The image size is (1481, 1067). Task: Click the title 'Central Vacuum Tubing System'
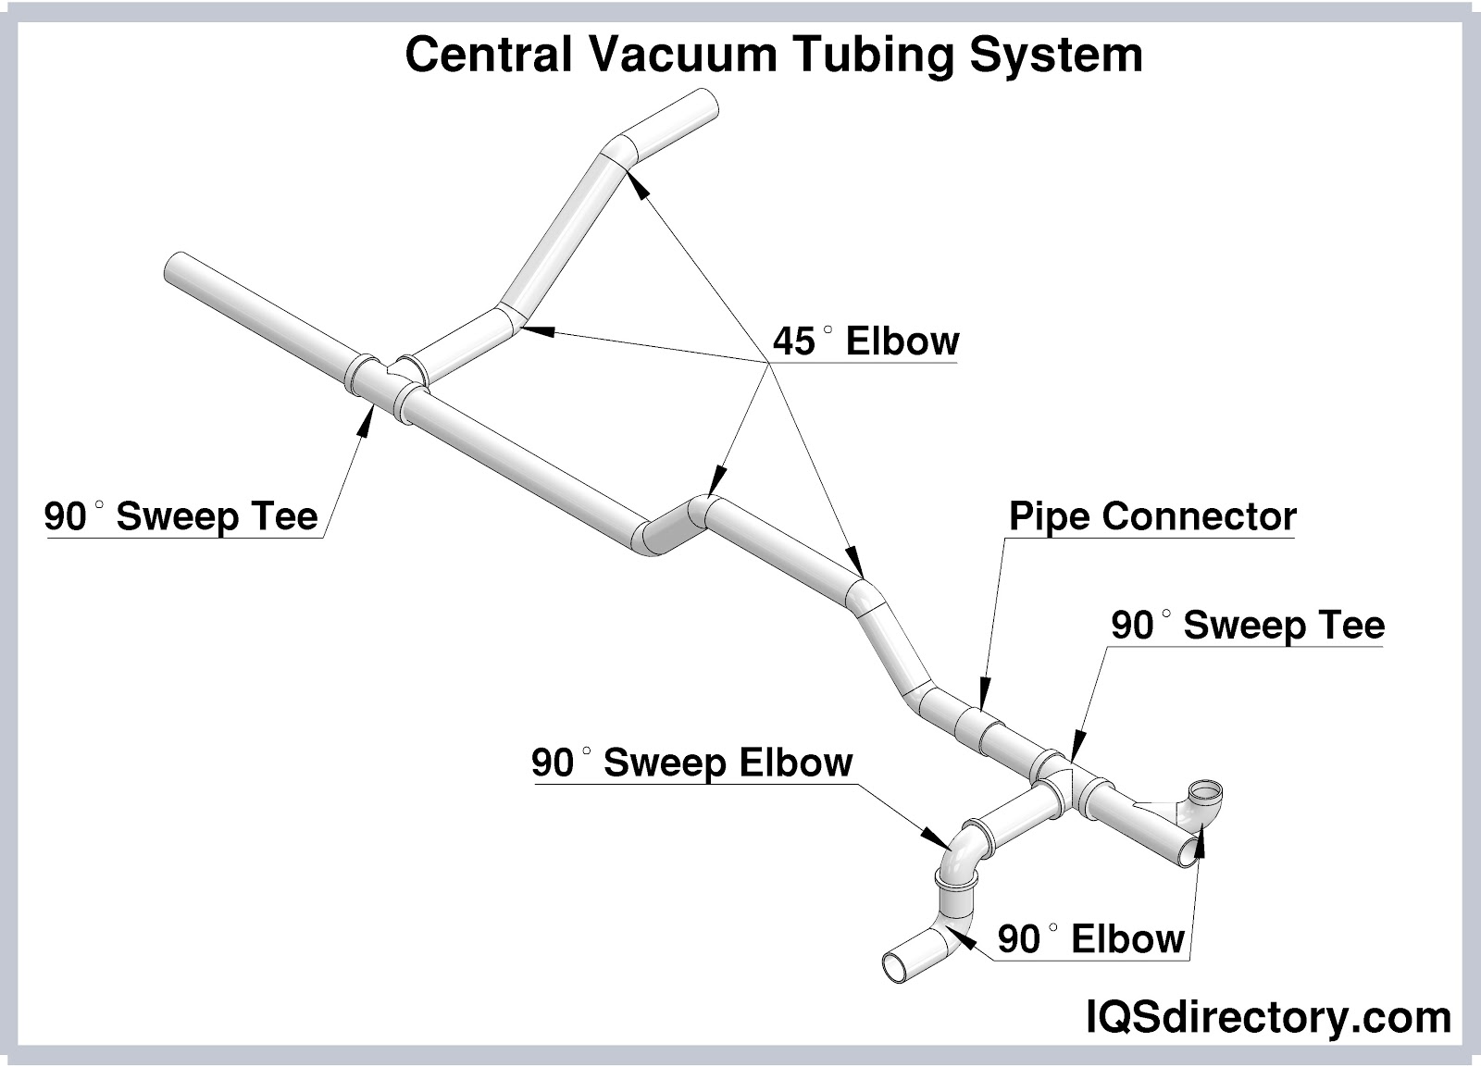click(774, 55)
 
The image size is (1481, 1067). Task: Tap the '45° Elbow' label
click(865, 341)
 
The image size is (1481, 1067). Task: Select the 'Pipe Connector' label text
click(1151, 516)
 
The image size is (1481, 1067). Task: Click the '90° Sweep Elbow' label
click(691, 763)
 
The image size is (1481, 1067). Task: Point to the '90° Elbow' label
click(1090, 939)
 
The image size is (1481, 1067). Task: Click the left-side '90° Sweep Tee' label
click(180, 516)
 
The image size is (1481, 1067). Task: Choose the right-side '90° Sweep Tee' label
click(1247, 626)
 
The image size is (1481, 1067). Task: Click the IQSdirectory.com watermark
click(1267, 1018)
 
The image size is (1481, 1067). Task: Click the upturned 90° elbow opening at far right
click(1206, 791)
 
